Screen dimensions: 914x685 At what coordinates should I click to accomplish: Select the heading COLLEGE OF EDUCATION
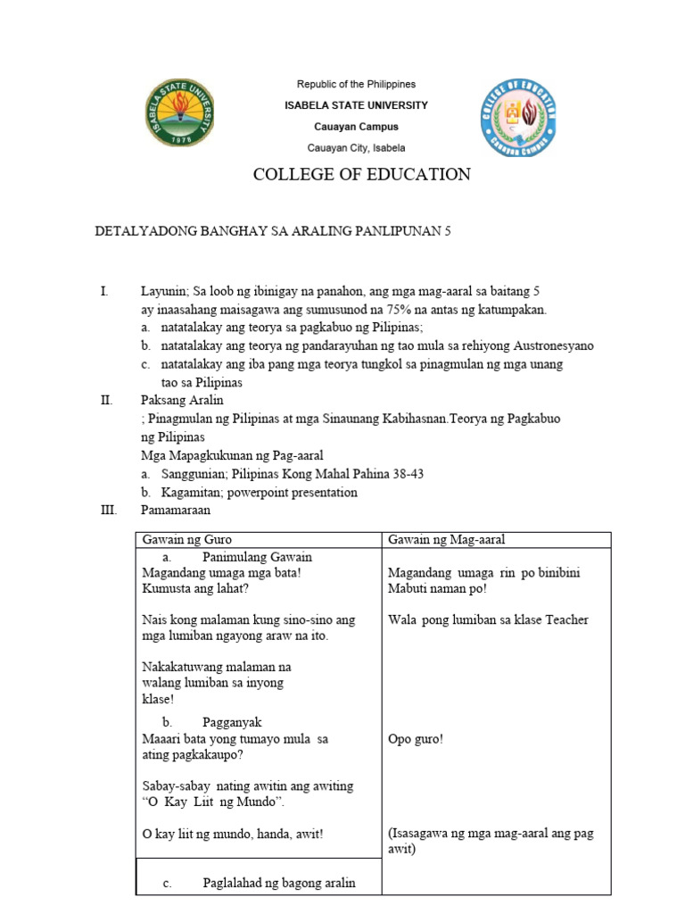(361, 175)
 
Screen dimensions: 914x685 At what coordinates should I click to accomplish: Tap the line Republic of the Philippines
(356, 85)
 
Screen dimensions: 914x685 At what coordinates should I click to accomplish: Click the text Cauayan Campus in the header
(355, 127)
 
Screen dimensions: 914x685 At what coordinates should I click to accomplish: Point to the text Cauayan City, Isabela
(356, 148)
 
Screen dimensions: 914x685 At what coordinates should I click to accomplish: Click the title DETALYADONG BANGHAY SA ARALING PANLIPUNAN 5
(274, 231)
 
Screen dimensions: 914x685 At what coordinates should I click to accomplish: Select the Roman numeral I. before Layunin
(104, 292)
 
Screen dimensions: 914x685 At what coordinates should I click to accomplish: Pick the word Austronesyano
(549, 346)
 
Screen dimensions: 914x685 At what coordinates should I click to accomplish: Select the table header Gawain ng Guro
(185, 539)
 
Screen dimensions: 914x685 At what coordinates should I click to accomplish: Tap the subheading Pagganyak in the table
(232, 722)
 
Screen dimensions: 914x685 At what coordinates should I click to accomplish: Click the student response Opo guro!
(416, 740)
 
